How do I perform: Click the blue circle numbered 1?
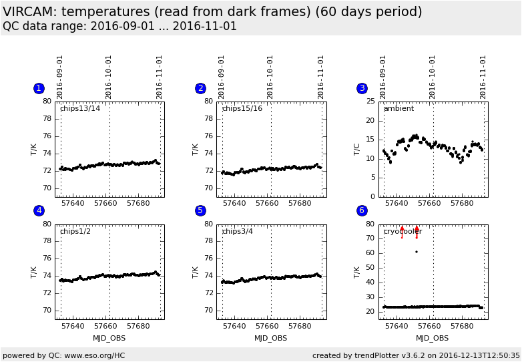point(39,88)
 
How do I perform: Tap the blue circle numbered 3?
point(362,88)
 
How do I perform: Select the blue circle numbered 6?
point(362,210)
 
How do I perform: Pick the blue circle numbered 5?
point(200,210)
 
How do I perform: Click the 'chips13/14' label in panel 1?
point(80,109)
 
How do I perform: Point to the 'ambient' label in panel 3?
point(399,109)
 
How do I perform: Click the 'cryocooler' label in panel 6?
point(403,232)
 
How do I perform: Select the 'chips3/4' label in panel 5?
point(240,232)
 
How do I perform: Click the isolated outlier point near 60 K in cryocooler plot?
point(417,252)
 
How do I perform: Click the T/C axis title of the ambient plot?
point(357,149)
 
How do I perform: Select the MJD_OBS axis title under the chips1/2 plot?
point(109,338)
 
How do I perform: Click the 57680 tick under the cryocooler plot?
point(462,327)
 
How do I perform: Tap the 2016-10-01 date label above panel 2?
point(271,77)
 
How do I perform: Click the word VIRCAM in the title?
point(27,12)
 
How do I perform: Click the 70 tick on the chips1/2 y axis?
point(47,311)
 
